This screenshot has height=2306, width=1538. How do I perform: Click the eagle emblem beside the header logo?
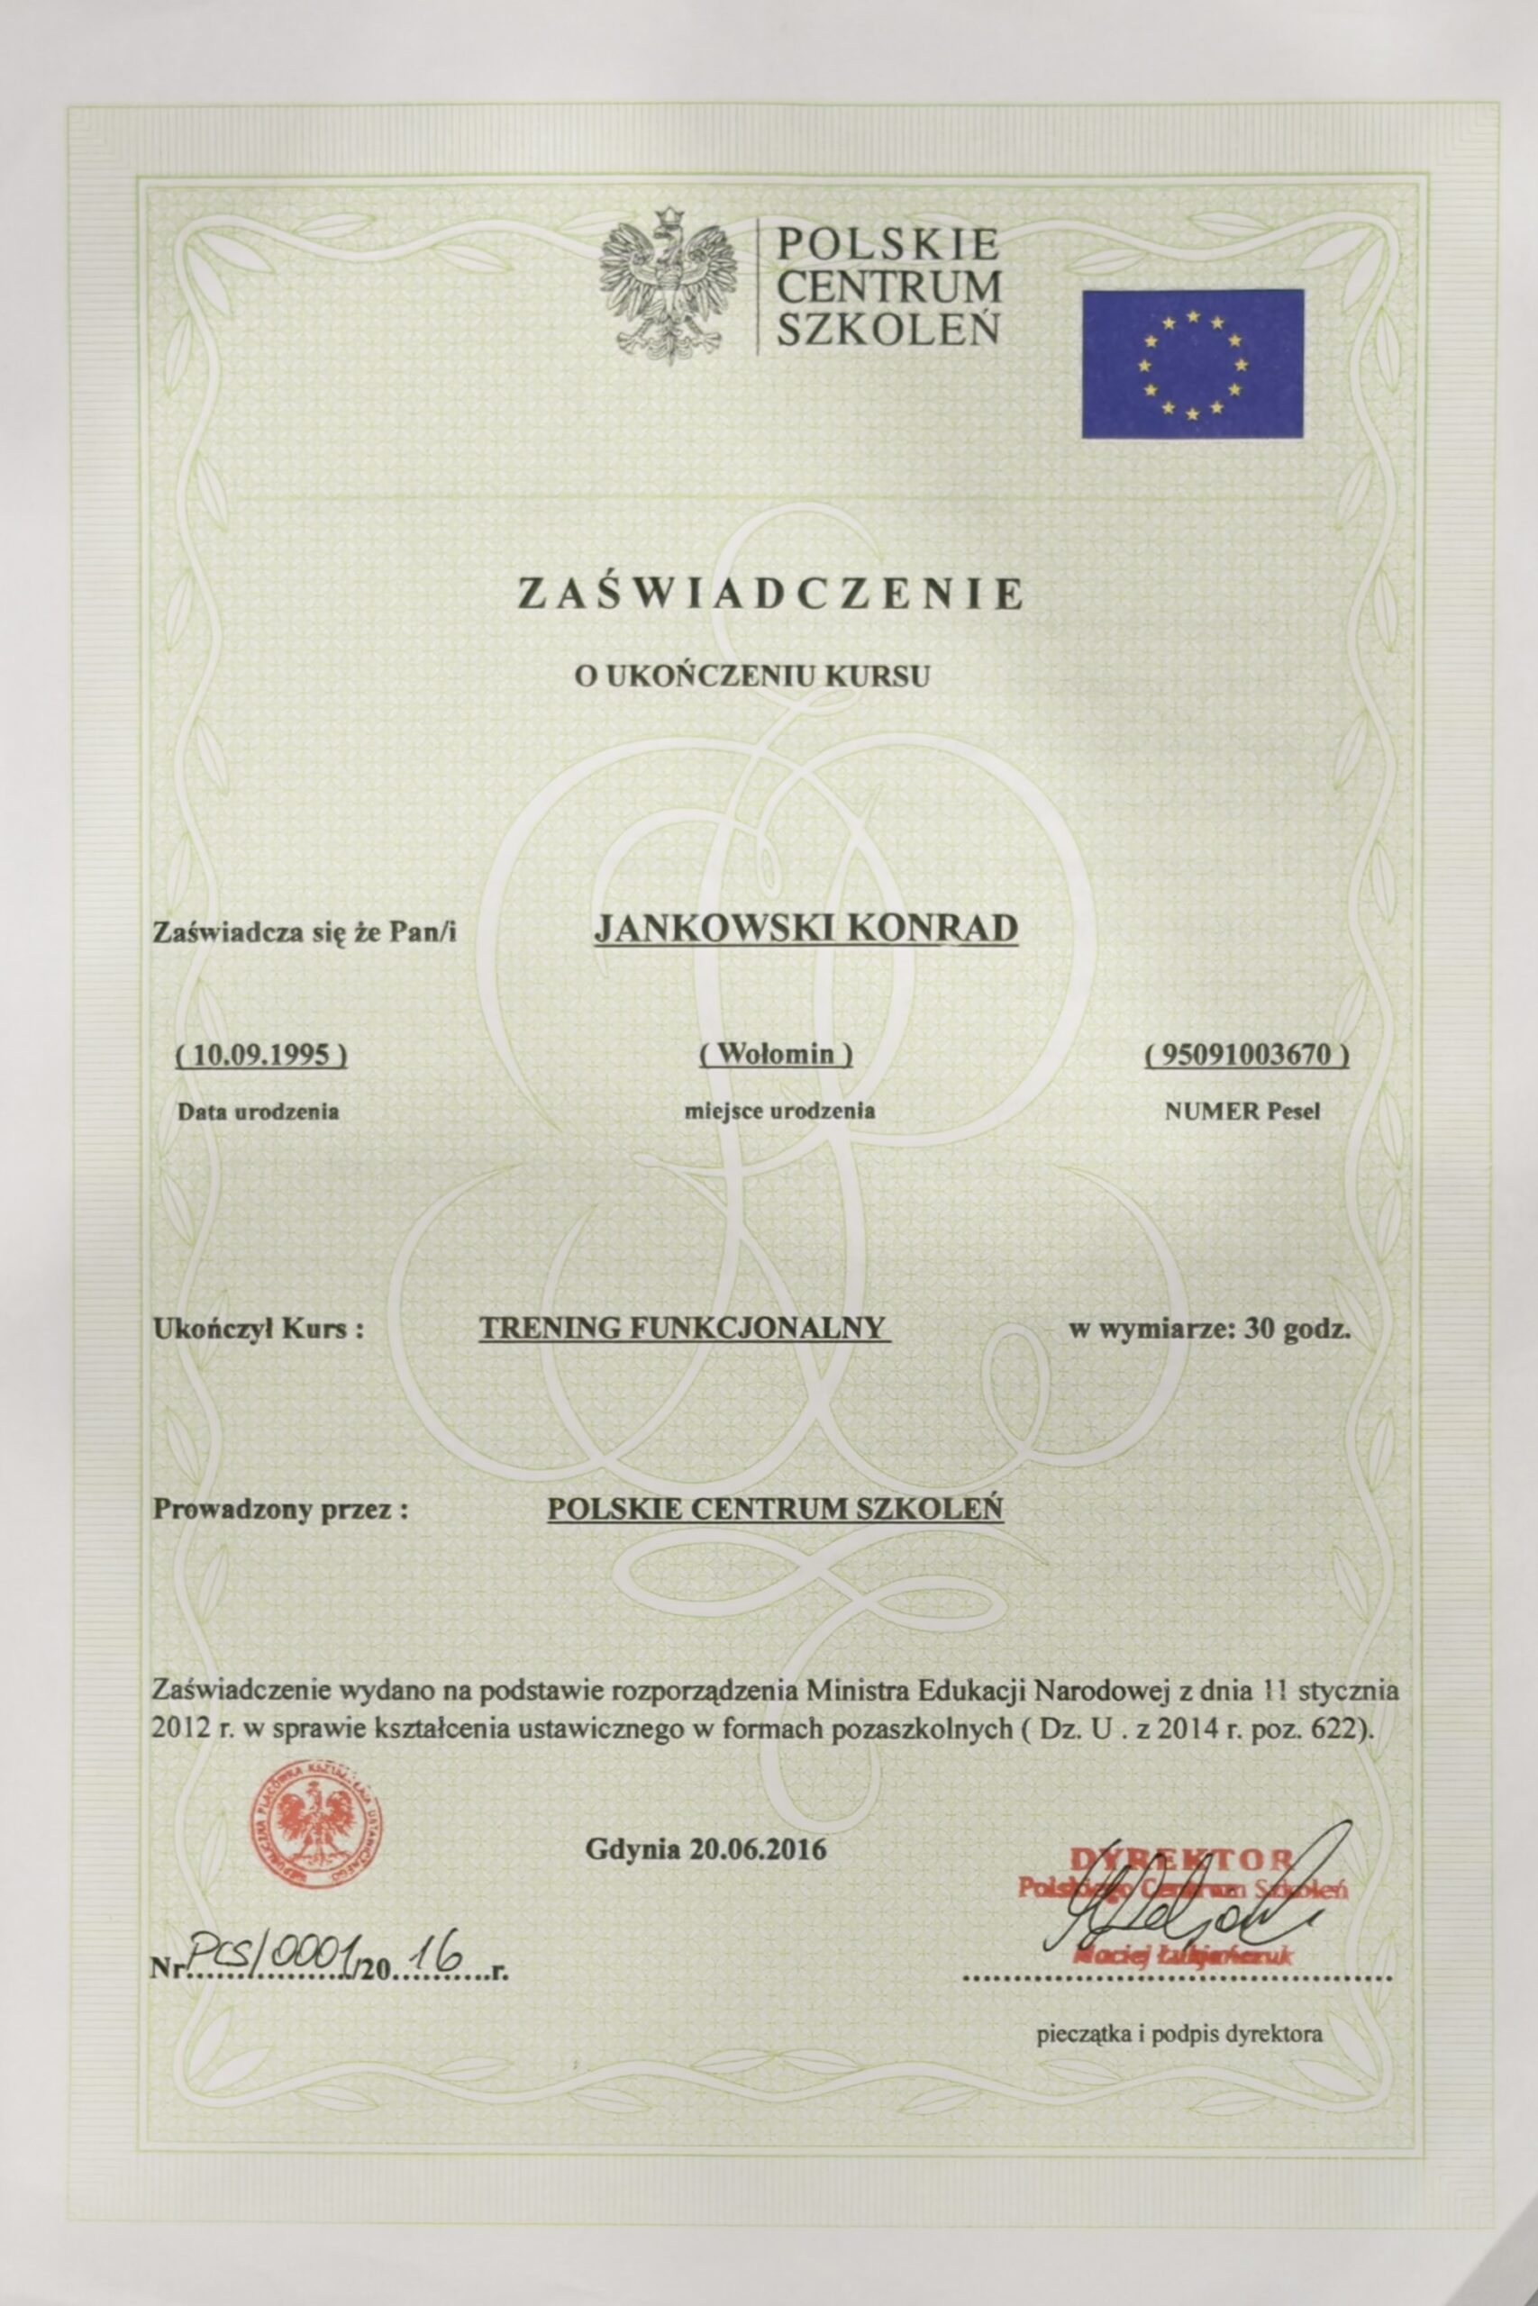[x=667, y=285]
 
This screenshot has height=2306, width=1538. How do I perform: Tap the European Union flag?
[x=1192, y=364]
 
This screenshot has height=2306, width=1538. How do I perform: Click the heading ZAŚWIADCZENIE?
[x=770, y=595]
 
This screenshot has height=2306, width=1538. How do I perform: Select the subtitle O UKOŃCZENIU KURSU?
[x=752, y=676]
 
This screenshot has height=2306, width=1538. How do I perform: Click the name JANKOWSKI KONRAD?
[x=806, y=928]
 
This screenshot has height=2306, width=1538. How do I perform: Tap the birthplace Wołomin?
[x=776, y=1054]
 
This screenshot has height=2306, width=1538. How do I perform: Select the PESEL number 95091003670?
[x=1246, y=1055]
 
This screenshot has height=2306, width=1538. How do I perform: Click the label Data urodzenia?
[x=258, y=1112]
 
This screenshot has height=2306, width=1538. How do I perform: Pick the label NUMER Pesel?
[x=1242, y=1112]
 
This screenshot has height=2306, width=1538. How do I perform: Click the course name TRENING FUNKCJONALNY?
[x=684, y=1328]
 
